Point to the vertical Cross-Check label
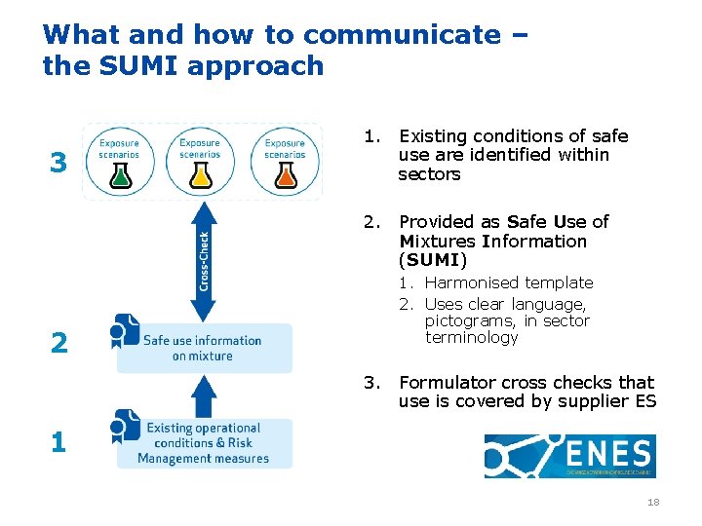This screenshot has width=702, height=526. tap(204, 259)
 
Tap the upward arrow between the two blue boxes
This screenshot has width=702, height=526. tap(203, 394)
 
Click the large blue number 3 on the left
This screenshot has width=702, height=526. tap(58, 163)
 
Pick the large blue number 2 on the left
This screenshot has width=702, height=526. tap(58, 343)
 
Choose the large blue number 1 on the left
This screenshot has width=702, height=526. tap(58, 443)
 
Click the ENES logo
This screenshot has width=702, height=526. tap(569, 456)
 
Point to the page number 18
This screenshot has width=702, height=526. tap(653, 502)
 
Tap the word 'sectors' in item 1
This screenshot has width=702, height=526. tap(429, 173)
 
